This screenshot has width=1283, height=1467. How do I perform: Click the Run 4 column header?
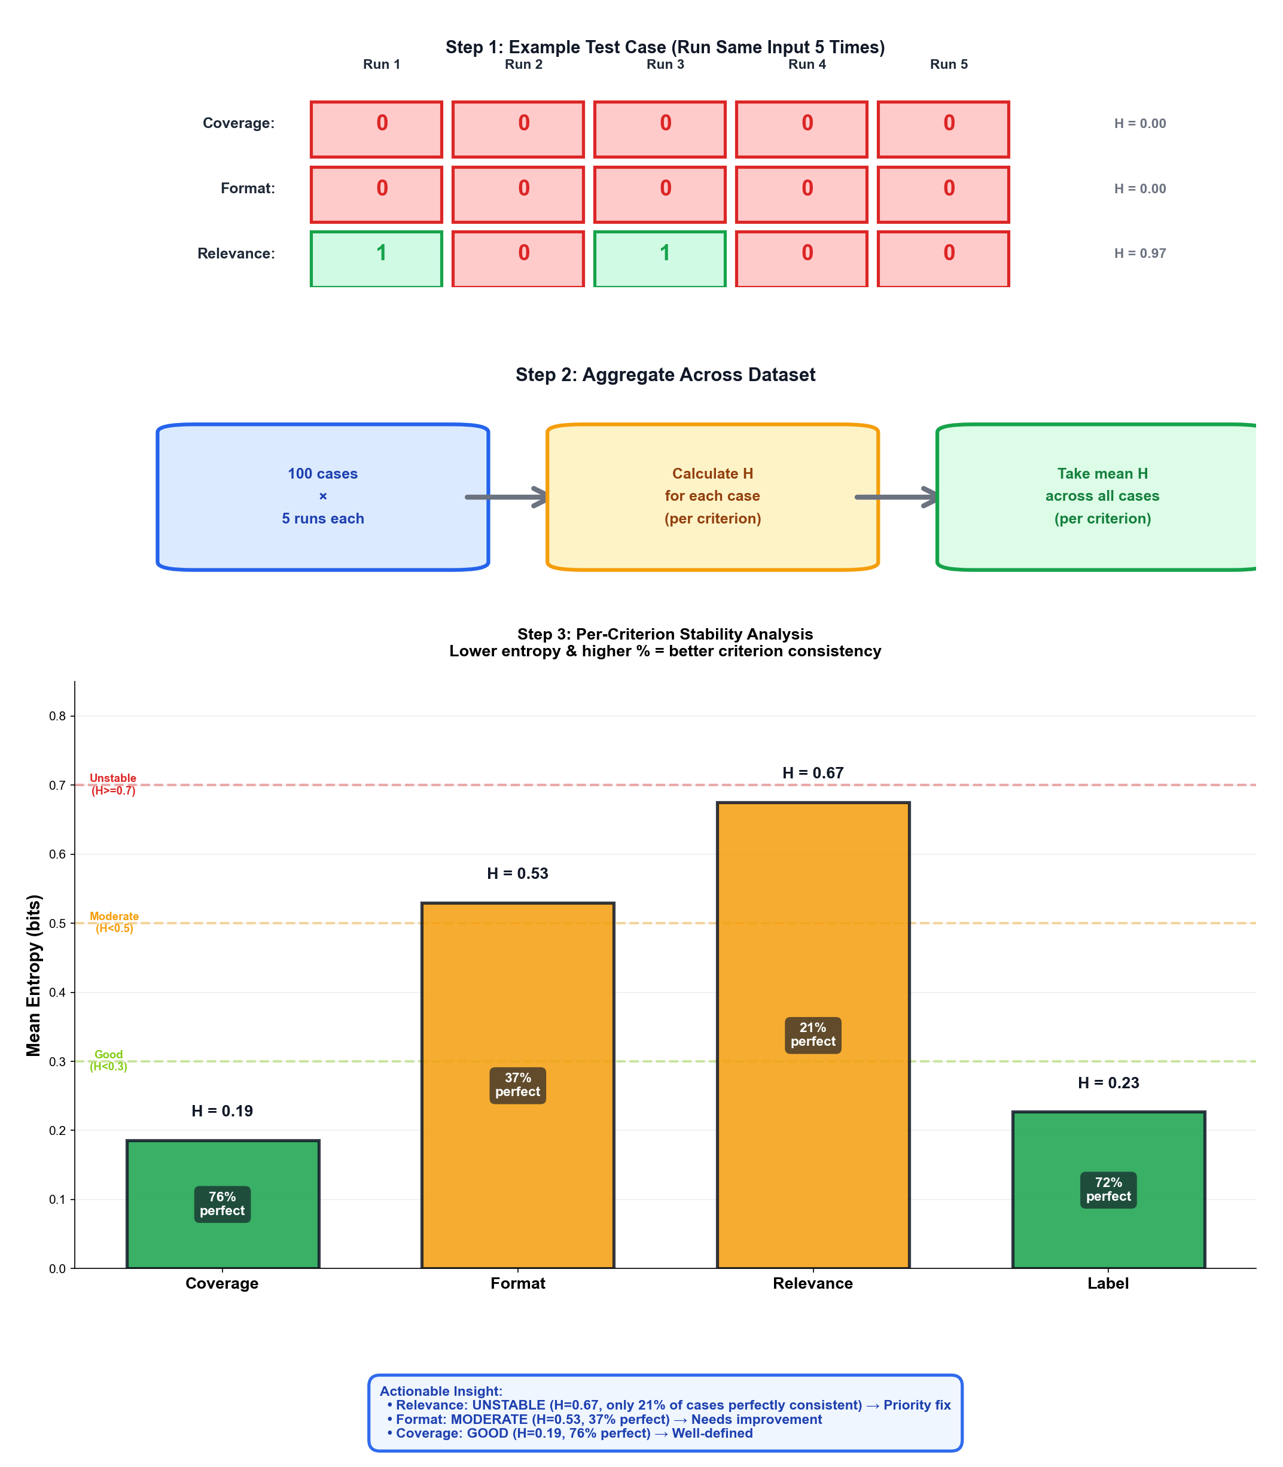807,65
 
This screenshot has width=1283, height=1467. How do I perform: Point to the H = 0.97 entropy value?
1140,254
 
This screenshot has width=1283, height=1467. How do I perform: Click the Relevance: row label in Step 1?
236,254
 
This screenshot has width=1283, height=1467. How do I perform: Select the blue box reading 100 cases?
322,496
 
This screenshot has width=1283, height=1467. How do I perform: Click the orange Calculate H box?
712,496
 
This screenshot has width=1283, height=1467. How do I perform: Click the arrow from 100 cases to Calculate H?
507,497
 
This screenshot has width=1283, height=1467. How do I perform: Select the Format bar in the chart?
517,1002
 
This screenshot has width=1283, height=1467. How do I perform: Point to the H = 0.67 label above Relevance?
813,772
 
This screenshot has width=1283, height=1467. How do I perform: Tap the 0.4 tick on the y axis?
57,993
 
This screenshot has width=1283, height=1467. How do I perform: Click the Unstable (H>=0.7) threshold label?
113,784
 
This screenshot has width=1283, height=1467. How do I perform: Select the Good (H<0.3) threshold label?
109,1060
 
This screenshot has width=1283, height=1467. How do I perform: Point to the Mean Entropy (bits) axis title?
33,975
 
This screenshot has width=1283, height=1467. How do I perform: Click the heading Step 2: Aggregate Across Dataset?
665,375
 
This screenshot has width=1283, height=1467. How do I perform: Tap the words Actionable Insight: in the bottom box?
441,1390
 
